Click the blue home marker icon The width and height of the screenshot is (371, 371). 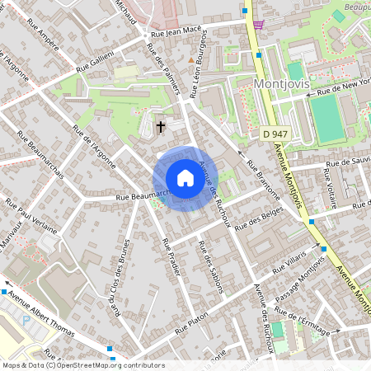(x=185, y=178)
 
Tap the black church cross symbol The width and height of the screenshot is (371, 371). (x=161, y=127)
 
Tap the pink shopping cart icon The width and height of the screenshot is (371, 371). (x=259, y=24)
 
